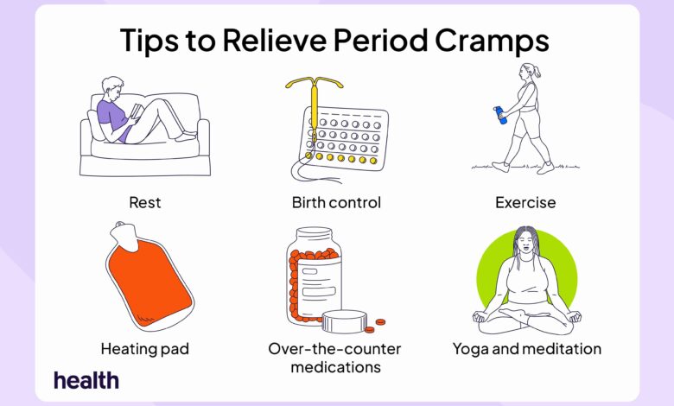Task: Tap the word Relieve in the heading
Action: pos(275,40)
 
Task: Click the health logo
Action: pos(86,380)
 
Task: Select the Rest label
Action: pos(145,202)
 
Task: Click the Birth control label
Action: pos(336,202)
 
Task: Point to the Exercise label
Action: pos(525,202)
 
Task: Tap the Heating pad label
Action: pos(145,349)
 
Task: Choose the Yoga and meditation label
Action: pos(527,349)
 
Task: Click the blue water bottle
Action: pos(500,115)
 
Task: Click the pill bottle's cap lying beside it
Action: pos(344,321)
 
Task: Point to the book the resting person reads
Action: pos(137,111)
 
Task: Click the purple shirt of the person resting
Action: pos(112,117)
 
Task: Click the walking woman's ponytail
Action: pos(537,73)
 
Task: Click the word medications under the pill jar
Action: pos(336,367)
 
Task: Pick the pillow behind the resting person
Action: pos(95,124)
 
